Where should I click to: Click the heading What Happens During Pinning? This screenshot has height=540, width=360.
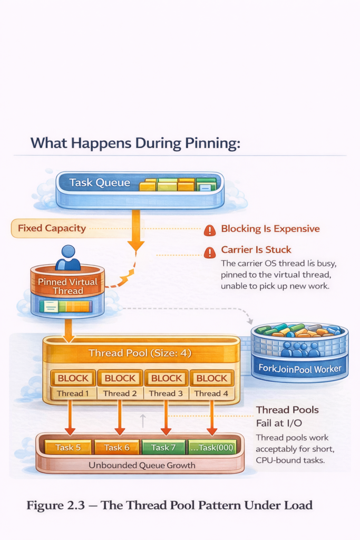pyautogui.click(x=135, y=143)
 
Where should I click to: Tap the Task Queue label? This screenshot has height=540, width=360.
pyautogui.click(x=99, y=183)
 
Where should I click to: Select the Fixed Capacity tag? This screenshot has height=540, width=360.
pyautogui.click(x=52, y=228)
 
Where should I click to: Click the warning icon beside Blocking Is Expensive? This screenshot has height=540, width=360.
pyautogui.click(x=210, y=230)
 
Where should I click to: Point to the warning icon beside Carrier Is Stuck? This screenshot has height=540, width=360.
pyautogui.click(x=210, y=252)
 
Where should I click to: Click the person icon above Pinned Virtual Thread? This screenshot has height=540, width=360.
pyautogui.click(x=68, y=258)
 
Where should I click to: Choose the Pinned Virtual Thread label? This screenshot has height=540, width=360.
pyautogui.click(x=67, y=286)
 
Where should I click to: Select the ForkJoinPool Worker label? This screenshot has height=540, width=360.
pyautogui.click(x=299, y=368)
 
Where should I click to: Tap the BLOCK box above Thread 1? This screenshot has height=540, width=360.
pyautogui.click(x=73, y=378)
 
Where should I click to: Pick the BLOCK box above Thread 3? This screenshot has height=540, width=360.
pyautogui.click(x=167, y=378)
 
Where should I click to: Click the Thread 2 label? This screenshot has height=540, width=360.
pyautogui.click(x=120, y=393)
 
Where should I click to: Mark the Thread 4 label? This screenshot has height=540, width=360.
pyautogui.click(x=211, y=393)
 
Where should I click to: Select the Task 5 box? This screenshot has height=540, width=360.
pyautogui.click(x=67, y=447)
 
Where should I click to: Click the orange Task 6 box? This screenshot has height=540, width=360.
pyautogui.click(x=116, y=447)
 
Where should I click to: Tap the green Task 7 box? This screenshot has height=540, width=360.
pyautogui.click(x=163, y=447)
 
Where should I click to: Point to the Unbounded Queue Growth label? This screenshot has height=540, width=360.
pyautogui.click(x=142, y=465)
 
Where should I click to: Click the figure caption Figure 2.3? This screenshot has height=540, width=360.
pyautogui.click(x=169, y=505)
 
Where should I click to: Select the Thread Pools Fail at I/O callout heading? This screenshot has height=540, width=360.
pyautogui.click(x=287, y=416)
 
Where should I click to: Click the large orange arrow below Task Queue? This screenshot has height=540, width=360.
pyautogui.click(x=135, y=230)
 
